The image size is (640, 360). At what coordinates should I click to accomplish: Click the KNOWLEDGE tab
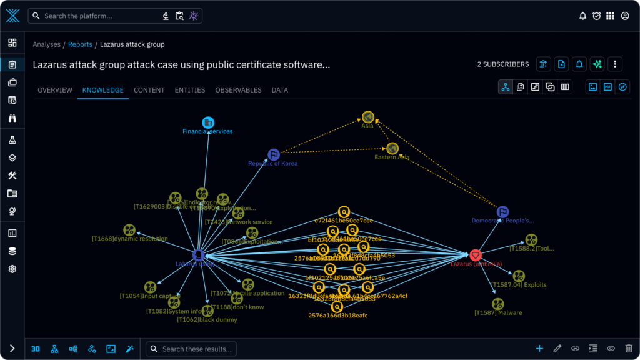102,90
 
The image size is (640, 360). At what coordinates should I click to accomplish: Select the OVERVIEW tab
55,90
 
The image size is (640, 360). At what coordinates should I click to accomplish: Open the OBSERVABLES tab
238,90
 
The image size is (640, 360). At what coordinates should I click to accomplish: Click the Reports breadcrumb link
80,45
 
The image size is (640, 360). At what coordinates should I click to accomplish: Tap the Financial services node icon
208,122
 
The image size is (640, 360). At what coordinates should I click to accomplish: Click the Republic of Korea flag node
273,154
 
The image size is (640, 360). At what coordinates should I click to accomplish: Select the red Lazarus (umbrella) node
475,255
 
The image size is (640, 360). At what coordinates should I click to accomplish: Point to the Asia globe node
367,117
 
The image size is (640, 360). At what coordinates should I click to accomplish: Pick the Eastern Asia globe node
392,148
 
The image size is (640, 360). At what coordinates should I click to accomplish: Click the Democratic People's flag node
502,212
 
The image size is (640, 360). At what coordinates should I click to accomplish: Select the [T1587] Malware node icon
497,304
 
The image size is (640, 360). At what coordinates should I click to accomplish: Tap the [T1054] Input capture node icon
150,287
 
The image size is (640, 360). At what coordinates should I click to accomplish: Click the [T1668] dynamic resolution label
129,239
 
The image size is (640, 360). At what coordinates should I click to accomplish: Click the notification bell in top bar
582,16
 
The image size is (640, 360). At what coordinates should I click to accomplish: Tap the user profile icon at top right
625,16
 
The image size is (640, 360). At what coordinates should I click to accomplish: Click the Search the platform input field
100,16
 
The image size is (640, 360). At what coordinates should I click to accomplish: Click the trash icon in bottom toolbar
629,349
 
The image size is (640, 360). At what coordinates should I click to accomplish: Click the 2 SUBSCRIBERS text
502,64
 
